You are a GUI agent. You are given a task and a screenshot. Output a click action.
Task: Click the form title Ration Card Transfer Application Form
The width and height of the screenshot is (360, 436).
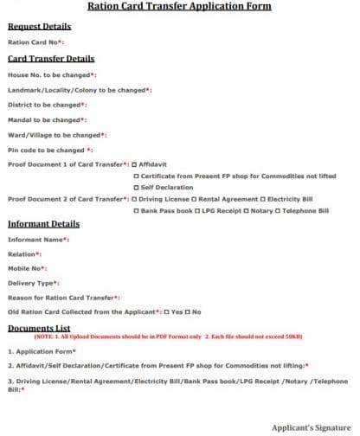tap(179, 6)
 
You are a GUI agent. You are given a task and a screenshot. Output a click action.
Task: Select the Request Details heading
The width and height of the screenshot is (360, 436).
tap(39, 27)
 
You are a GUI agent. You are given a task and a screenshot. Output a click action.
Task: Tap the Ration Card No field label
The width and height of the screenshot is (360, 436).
tap(35, 42)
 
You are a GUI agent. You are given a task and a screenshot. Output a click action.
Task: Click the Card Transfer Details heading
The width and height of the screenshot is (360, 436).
tap(51, 59)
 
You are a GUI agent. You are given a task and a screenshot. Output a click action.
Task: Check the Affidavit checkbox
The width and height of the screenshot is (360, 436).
tap(135, 163)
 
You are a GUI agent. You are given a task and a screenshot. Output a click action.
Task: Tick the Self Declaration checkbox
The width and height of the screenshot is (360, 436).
tap(136, 186)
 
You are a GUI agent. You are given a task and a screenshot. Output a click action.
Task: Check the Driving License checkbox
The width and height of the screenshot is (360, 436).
tap(135, 199)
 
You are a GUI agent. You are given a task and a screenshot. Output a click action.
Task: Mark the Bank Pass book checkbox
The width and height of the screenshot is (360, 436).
tap(136, 210)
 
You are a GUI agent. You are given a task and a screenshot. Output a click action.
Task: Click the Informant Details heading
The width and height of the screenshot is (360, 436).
tap(43, 224)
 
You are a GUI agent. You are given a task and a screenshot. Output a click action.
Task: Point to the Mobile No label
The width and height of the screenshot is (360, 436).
tap(26, 269)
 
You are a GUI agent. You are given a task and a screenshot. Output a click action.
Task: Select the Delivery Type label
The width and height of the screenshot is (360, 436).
tap(32, 283)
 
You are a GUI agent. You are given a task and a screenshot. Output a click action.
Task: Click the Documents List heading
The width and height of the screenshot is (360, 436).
tap(39, 329)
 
